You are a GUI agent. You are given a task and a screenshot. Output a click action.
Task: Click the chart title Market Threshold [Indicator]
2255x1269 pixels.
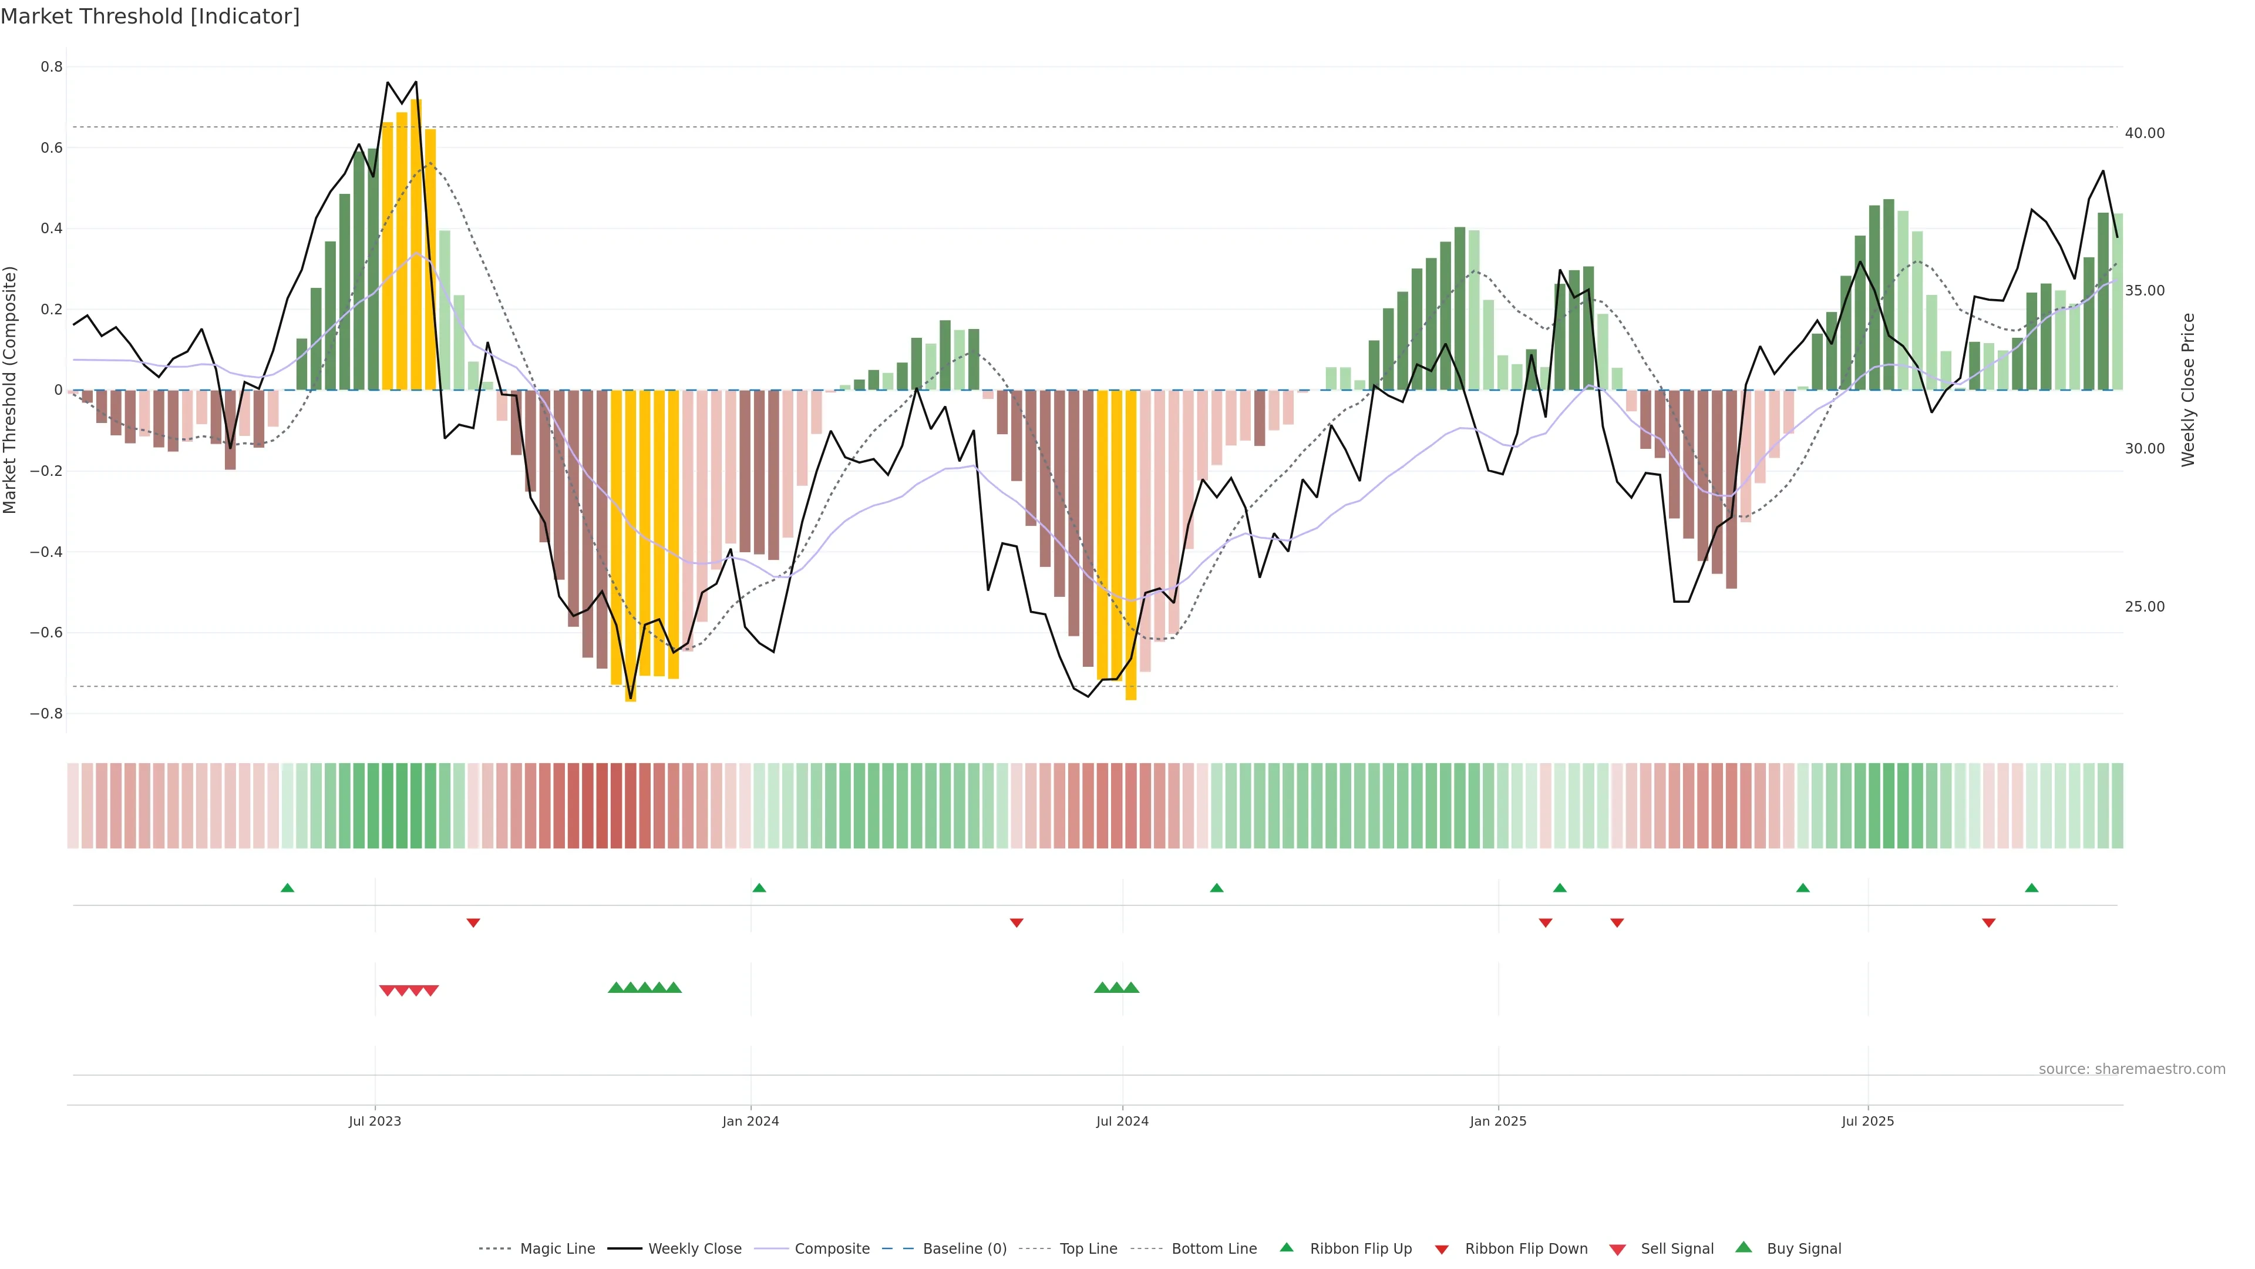(150, 16)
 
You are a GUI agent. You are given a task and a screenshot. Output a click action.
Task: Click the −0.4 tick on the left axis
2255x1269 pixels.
(46, 552)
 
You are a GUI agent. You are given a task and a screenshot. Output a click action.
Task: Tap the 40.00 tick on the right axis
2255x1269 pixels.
(2145, 133)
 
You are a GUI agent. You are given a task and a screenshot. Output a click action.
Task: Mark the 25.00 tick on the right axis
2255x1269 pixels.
(2145, 606)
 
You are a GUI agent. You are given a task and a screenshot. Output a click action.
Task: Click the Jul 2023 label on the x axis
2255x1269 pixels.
(375, 1121)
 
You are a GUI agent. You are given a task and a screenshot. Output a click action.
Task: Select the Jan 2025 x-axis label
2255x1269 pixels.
(1498, 1121)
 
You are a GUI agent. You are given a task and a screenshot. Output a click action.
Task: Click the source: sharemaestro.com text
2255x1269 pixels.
(2132, 1069)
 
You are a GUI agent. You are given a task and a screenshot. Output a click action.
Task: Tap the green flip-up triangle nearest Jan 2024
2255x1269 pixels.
(759, 888)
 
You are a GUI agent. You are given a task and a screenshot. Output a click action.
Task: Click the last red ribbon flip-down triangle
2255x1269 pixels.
(1989, 923)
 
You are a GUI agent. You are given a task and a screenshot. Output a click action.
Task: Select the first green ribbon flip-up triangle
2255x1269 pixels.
(287, 888)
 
